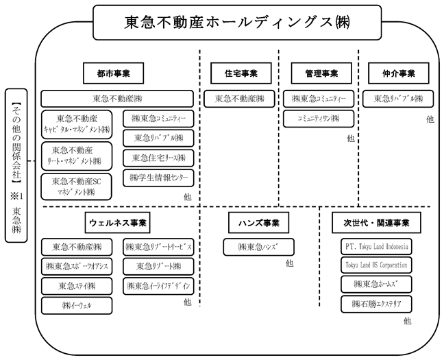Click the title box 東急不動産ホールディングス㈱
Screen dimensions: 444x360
coord(237,23)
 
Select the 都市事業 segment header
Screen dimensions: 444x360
coord(113,73)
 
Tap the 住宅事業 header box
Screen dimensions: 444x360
coord(241,73)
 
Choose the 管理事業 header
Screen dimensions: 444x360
coord(321,73)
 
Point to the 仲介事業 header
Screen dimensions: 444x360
coord(398,73)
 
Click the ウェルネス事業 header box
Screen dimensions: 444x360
coord(118,223)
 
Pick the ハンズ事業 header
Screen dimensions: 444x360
coord(259,223)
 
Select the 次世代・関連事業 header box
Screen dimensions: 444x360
coord(376,223)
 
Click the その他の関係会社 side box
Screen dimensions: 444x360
coord(16,165)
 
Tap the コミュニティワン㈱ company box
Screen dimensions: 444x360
coord(319,119)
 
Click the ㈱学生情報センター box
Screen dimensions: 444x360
coord(158,178)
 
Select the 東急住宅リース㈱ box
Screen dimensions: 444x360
coord(158,158)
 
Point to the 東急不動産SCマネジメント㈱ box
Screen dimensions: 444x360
coord(77,187)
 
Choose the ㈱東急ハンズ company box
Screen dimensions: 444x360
coord(259,247)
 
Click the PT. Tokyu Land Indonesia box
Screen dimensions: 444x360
coord(376,247)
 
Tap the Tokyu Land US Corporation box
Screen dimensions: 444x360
coord(376,265)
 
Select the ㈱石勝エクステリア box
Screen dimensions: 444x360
coord(376,304)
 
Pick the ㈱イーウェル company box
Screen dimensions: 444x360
coord(77,306)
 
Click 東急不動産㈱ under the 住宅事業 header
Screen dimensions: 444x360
coord(239,99)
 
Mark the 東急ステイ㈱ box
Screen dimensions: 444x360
coord(77,286)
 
